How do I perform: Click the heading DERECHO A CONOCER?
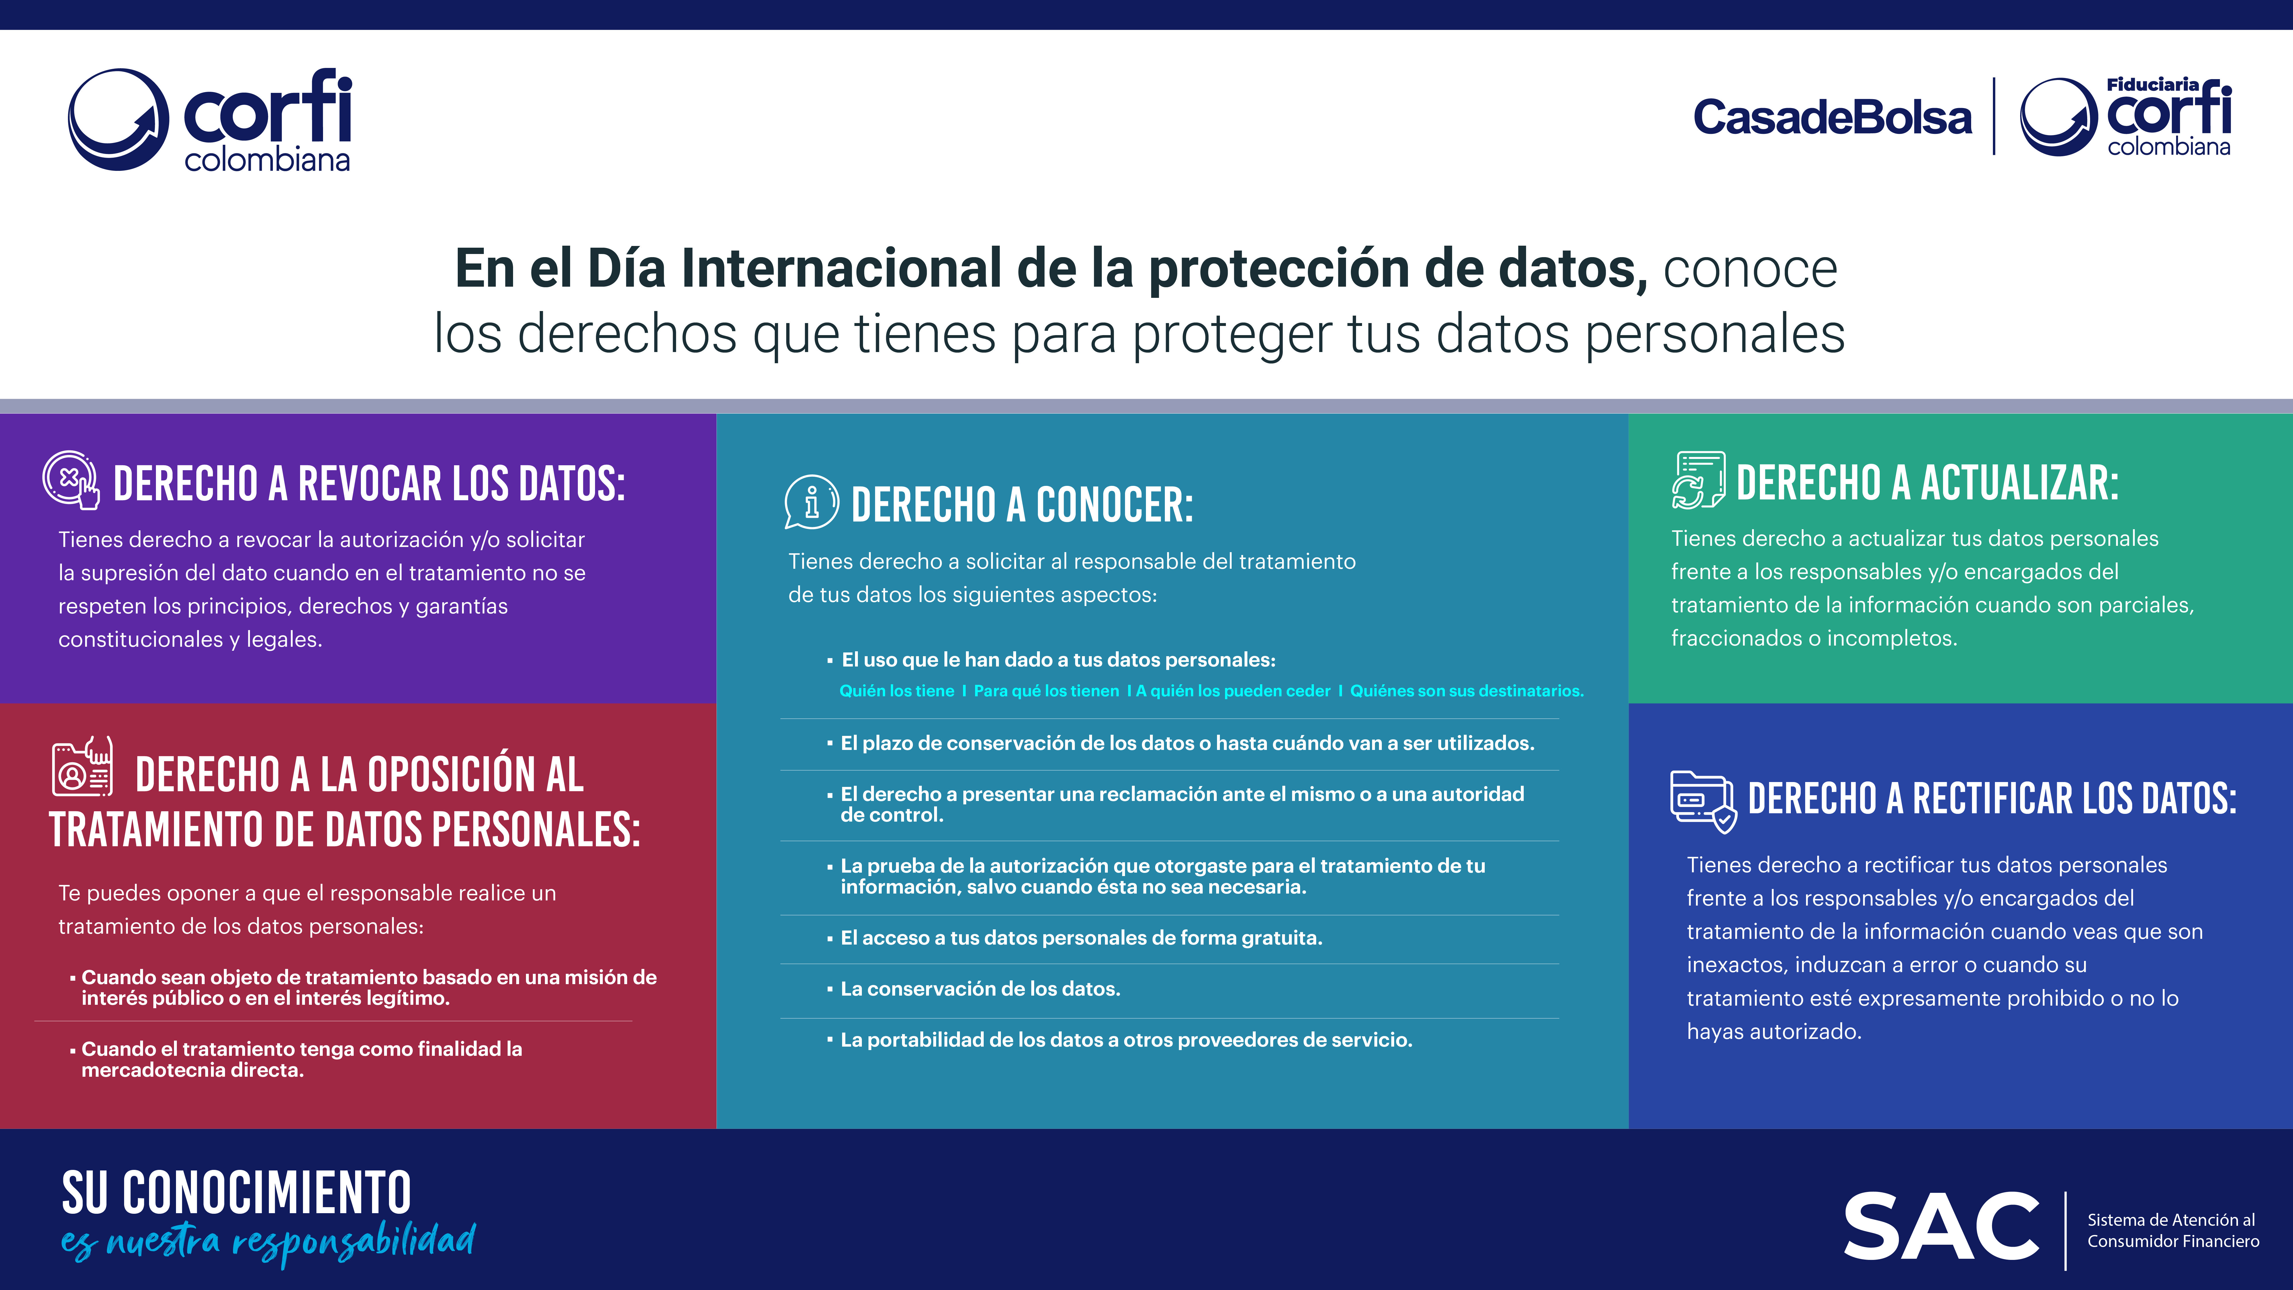1022,505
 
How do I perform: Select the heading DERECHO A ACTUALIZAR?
1927,482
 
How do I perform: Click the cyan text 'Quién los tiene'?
896,691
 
